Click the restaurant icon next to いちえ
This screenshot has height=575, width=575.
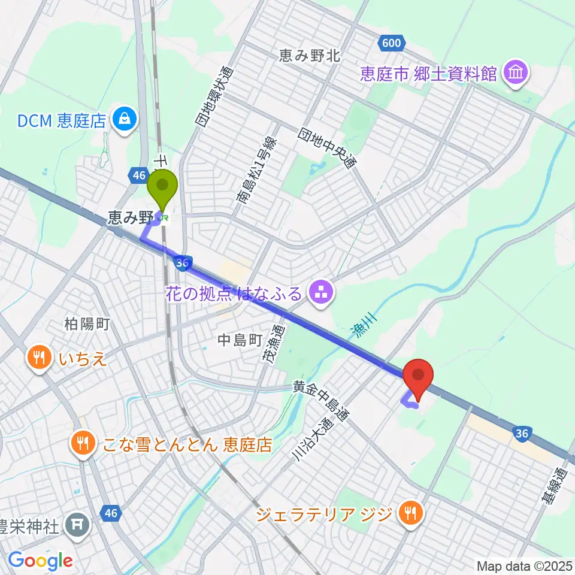(x=40, y=359)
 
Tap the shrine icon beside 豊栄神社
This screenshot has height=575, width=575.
(x=78, y=525)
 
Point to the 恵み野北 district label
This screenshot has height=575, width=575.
(x=310, y=56)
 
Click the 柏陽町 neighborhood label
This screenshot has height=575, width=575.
(x=87, y=324)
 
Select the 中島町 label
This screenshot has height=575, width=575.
(x=240, y=341)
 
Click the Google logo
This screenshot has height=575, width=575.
(x=40, y=561)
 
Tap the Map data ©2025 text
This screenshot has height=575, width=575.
(x=524, y=565)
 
